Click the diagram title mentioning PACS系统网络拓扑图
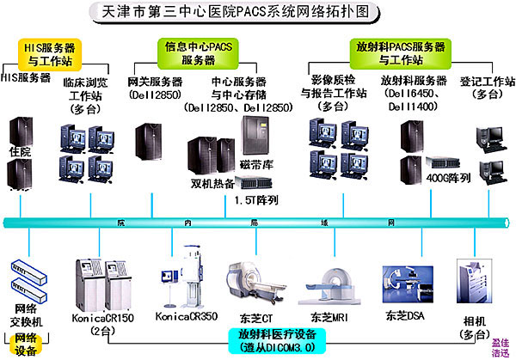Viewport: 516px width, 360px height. [x=258, y=12]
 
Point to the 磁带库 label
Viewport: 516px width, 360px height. [x=257, y=165]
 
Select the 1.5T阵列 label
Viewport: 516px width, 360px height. [x=256, y=200]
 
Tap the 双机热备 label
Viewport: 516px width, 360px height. [x=213, y=183]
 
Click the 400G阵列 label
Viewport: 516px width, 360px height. [x=447, y=178]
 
